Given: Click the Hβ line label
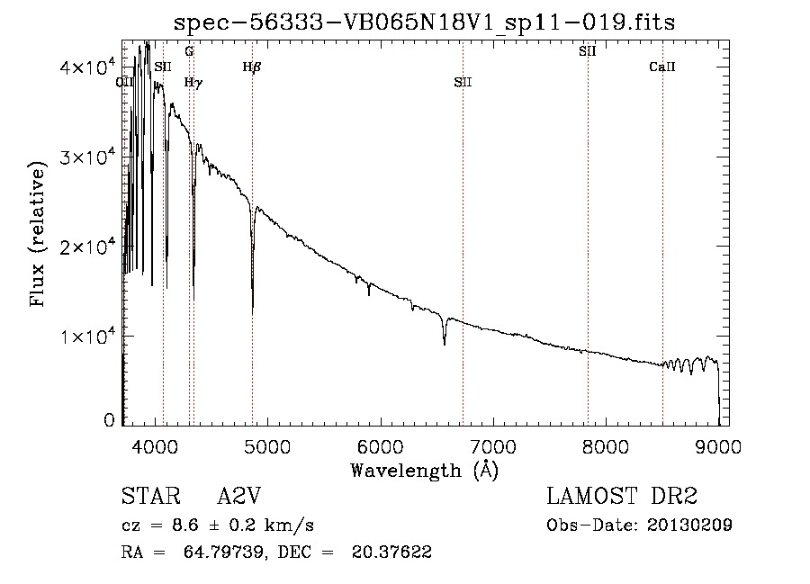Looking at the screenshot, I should pyautogui.click(x=252, y=66).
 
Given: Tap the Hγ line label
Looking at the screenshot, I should pyautogui.click(x=193, y=82).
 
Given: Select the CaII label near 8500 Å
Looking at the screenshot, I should pyautogui.click(x=662, y=66).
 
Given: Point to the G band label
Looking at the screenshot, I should pyautogui.click(x=189, y=51).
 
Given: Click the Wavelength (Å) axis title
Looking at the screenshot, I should pyautogui.click(x=424, y=469).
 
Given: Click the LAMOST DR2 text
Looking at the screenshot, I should pyautogui.click(x=622, y=497).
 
